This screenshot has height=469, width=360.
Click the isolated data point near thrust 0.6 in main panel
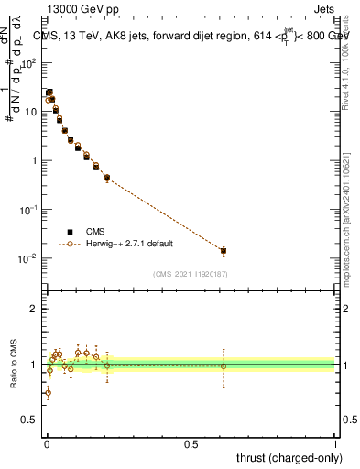point(224,250)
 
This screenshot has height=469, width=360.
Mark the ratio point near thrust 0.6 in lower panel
point(224,366)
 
